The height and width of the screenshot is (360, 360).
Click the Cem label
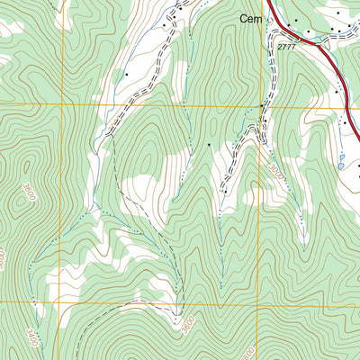(x=249, y=18)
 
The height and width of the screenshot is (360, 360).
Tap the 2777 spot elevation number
(x=286, y=45)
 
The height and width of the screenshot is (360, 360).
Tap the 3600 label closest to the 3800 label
(x=187, y=322)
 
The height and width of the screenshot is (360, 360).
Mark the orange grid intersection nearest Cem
(x=261, y=106)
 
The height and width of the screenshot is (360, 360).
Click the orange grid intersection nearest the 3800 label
(x=260, y=302)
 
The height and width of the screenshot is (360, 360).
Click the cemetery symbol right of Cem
(x=268, y=19)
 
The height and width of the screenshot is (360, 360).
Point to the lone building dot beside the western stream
(x=127, y=73)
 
